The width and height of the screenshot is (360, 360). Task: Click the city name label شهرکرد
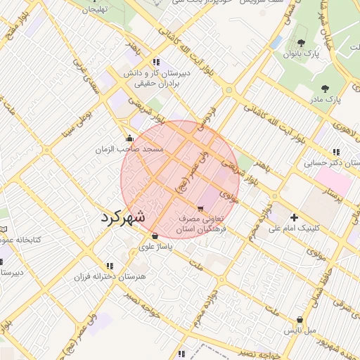coord(123,217)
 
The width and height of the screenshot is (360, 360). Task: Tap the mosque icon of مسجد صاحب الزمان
coord(129,138)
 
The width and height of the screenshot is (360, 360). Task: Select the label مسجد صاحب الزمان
coord(133,150)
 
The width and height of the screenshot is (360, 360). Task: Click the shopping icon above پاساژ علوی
coord(155,236)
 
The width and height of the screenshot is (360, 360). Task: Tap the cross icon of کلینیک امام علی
coord(294,217)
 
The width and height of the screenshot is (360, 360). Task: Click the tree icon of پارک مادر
coord(324,89)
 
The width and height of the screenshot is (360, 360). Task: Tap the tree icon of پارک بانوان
coord(302,44)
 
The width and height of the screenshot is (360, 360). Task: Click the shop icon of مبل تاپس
coord(300,319)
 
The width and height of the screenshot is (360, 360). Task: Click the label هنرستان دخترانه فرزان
coord(110,276)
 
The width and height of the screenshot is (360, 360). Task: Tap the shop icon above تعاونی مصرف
coord(202,209)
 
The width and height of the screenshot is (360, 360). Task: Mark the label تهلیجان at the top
coord(97,10)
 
